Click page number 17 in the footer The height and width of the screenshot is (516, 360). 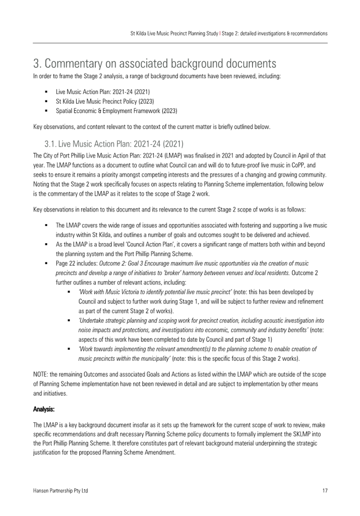325,490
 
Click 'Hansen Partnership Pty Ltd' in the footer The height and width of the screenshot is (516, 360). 60,490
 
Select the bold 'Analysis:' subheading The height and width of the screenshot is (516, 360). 44,409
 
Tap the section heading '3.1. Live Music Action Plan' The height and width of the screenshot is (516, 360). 114,144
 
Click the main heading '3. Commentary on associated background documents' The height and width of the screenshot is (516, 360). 154,63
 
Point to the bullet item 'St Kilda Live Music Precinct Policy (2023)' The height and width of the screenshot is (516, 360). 105,101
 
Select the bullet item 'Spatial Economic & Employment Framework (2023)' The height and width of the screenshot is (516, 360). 116,111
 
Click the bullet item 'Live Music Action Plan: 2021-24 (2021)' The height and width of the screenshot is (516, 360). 103,92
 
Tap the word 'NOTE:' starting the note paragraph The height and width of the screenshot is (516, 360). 41,374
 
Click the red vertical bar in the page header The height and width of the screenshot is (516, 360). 220,34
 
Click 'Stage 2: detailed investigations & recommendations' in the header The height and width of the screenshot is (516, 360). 275,34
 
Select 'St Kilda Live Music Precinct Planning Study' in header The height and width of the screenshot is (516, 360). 174,34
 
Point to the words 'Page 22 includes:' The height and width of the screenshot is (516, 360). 77,263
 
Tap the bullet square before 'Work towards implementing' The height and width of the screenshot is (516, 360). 69,349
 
